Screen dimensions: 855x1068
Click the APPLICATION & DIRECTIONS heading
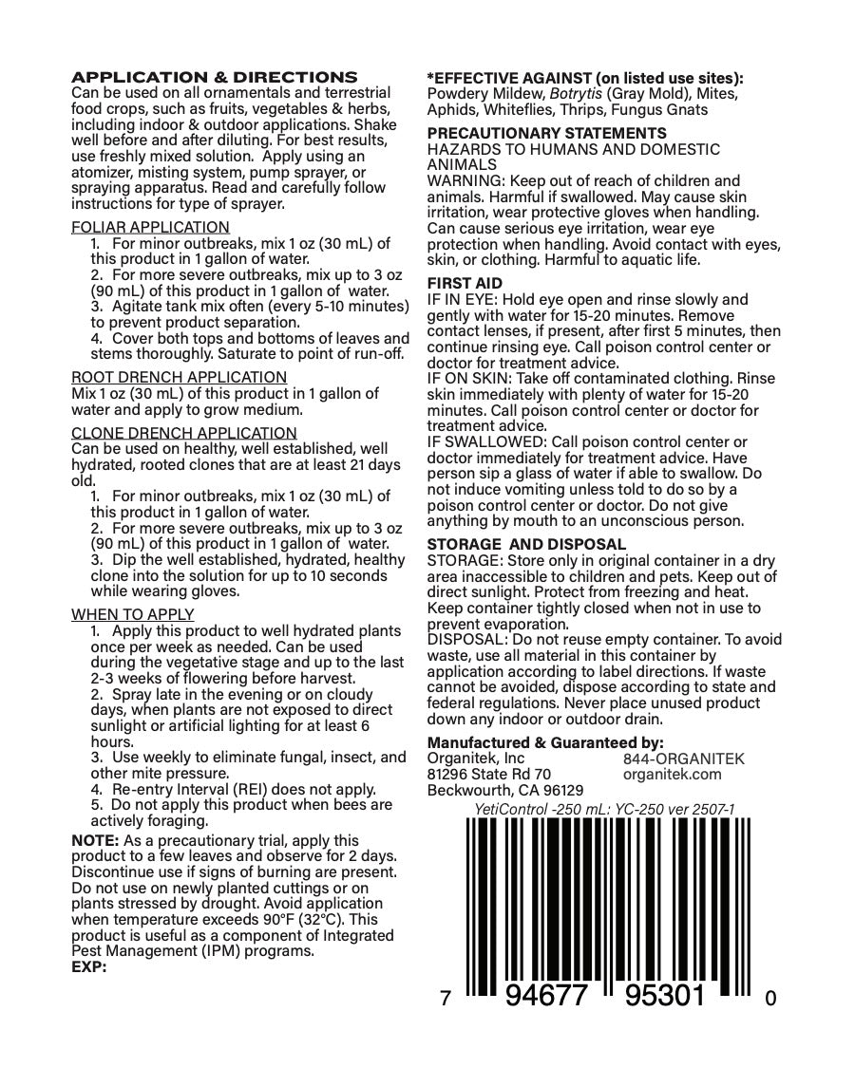tap(215, 77)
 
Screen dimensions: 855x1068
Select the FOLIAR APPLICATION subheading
tap(150, 227)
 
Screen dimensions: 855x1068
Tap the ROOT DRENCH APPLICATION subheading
tap(179, 377)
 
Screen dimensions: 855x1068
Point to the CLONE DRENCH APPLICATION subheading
tap(183, 433)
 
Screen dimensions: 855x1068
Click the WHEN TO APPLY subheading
tap(132, 614)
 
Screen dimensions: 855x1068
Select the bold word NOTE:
tap(95, 840)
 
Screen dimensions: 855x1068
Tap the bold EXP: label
tap(89, 967)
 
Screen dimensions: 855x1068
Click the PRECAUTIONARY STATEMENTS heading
tap(546, 133)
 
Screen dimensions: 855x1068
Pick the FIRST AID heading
tap(465, 283)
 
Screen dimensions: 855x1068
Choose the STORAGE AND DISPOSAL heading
tap(526, 544)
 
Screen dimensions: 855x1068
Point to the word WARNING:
tap(461, 180)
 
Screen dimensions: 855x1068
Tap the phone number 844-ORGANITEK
tap(684, 759)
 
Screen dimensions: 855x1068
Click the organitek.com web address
tap(673, 774)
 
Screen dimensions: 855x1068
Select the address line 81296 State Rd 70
tap(488, 774)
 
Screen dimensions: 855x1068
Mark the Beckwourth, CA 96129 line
tap(505, 790)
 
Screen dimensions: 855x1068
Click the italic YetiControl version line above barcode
tap(604, 809)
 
